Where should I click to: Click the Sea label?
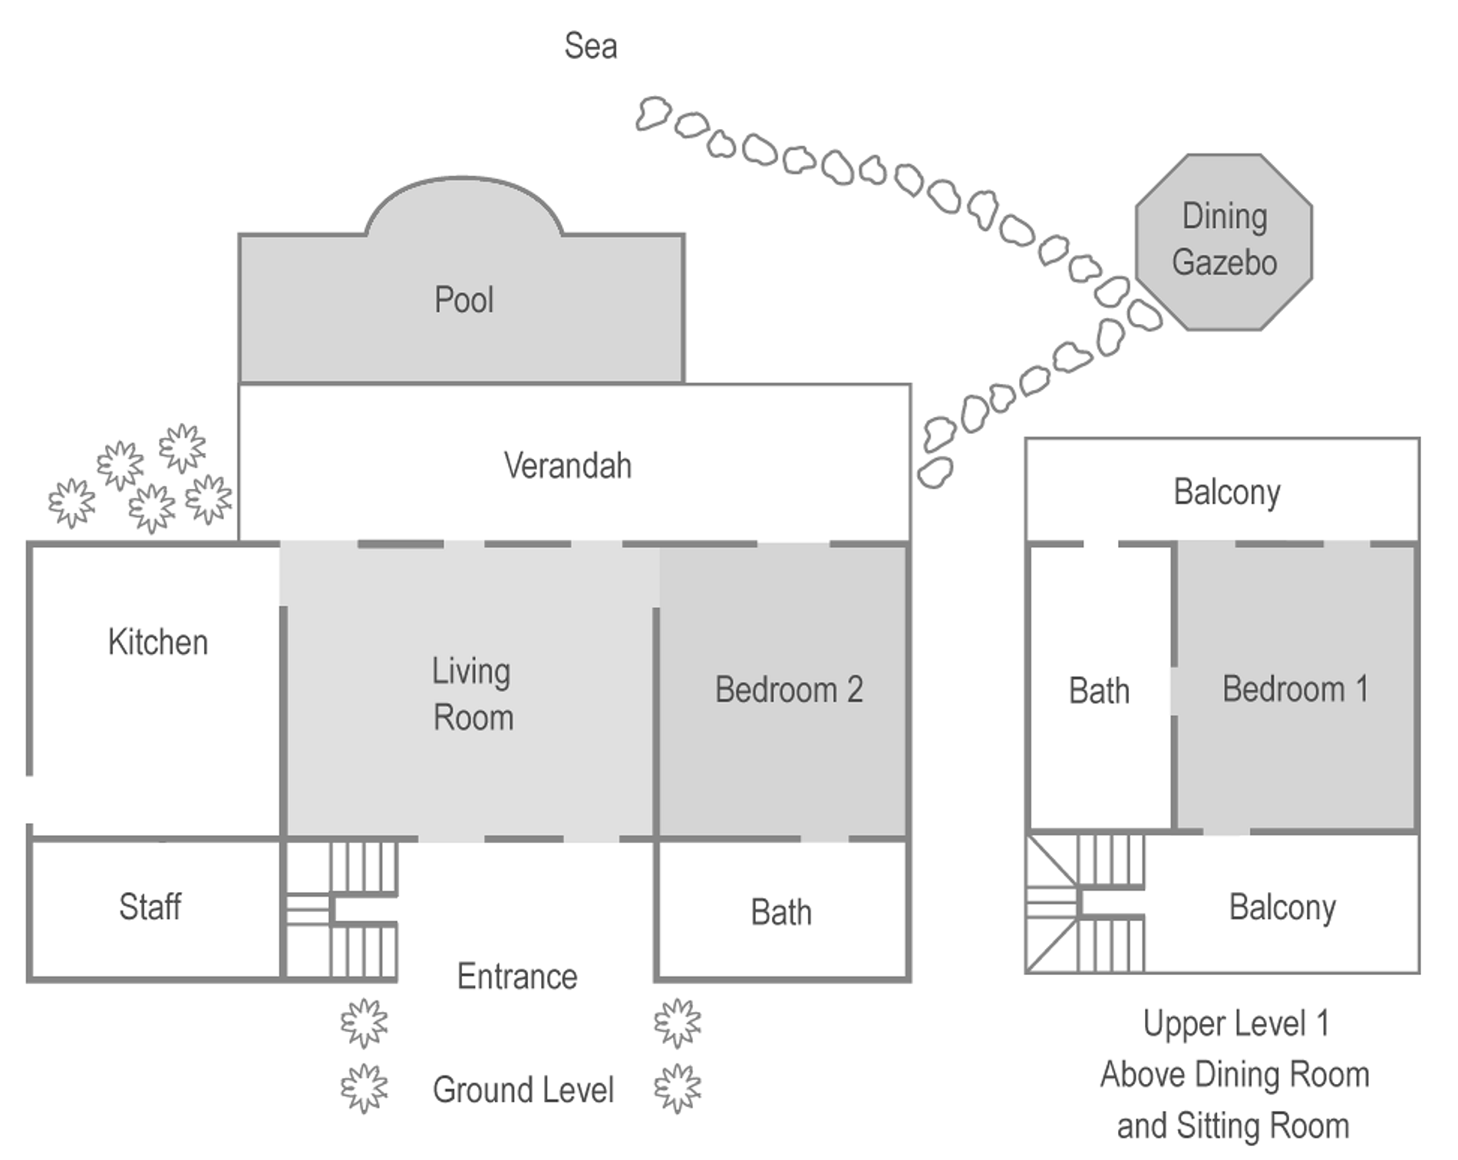click(590, 46)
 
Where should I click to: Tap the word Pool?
click(463, 299)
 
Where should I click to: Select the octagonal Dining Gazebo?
click(1224, 242)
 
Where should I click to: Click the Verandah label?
click(568, 466)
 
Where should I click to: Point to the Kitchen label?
click(158, 642)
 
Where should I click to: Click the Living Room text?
click(472, 694)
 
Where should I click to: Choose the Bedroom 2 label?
click(789, 689)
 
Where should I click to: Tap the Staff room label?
click(150, 907)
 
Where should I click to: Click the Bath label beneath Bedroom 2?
click(781, 913)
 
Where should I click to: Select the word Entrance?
click(517, 977)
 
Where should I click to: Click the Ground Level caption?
click(523, 1090)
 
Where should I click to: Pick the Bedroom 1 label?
click(1295, 689)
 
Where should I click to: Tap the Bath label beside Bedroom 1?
click(1099, 691)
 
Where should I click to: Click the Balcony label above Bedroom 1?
click(1226, 492)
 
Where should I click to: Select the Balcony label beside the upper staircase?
click(1282, 907)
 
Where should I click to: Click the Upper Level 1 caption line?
click(1236, 1023)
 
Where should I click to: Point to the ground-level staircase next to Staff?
click(342, 910)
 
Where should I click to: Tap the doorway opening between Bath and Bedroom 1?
click(1174, 691)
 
